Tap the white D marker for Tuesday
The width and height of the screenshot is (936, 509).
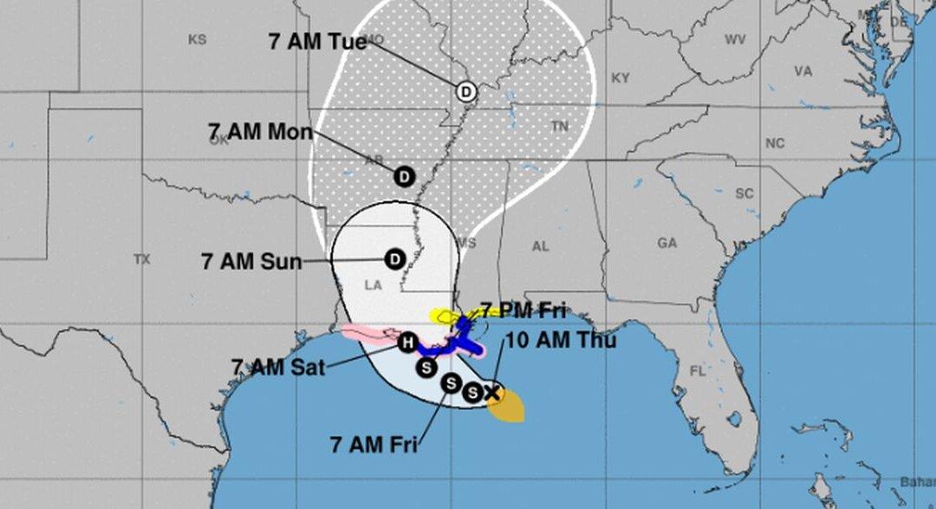pos(466,90)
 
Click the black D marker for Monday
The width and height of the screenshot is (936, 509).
pos(404,176)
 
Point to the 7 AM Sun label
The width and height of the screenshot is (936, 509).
pos(252,261)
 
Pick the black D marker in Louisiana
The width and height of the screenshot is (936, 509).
pos(394,258)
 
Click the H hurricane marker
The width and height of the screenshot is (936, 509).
pos(406,343)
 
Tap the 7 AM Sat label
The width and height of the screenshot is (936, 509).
pos(278,368)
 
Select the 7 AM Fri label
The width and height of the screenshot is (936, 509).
pos(374,445)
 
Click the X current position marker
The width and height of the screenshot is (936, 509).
pos(492,393)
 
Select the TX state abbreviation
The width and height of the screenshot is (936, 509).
pos(142,259)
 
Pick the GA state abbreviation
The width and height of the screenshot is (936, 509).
pos(666,244)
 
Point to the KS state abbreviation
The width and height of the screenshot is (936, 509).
pos(197,40)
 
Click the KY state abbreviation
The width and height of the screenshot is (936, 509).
pos(621,78)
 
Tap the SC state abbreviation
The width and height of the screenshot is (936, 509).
pos(744,193)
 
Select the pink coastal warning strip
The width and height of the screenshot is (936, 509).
pos(368,333)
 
